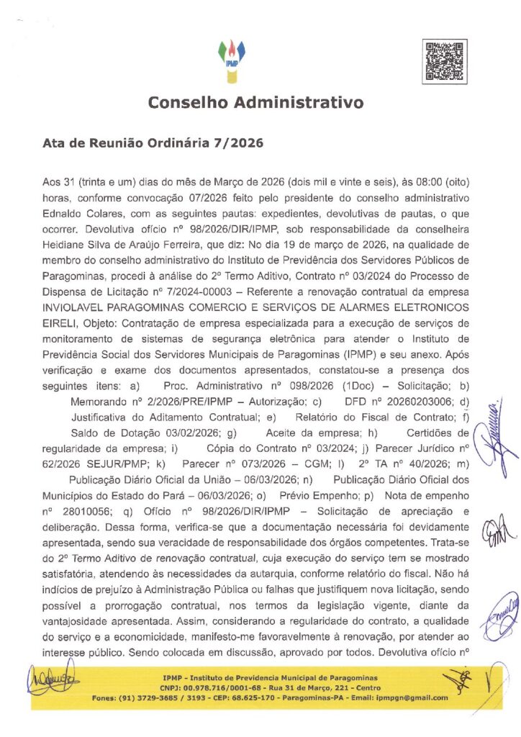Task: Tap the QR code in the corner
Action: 440,60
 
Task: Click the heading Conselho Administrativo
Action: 255,103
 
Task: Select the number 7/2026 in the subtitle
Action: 238,143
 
